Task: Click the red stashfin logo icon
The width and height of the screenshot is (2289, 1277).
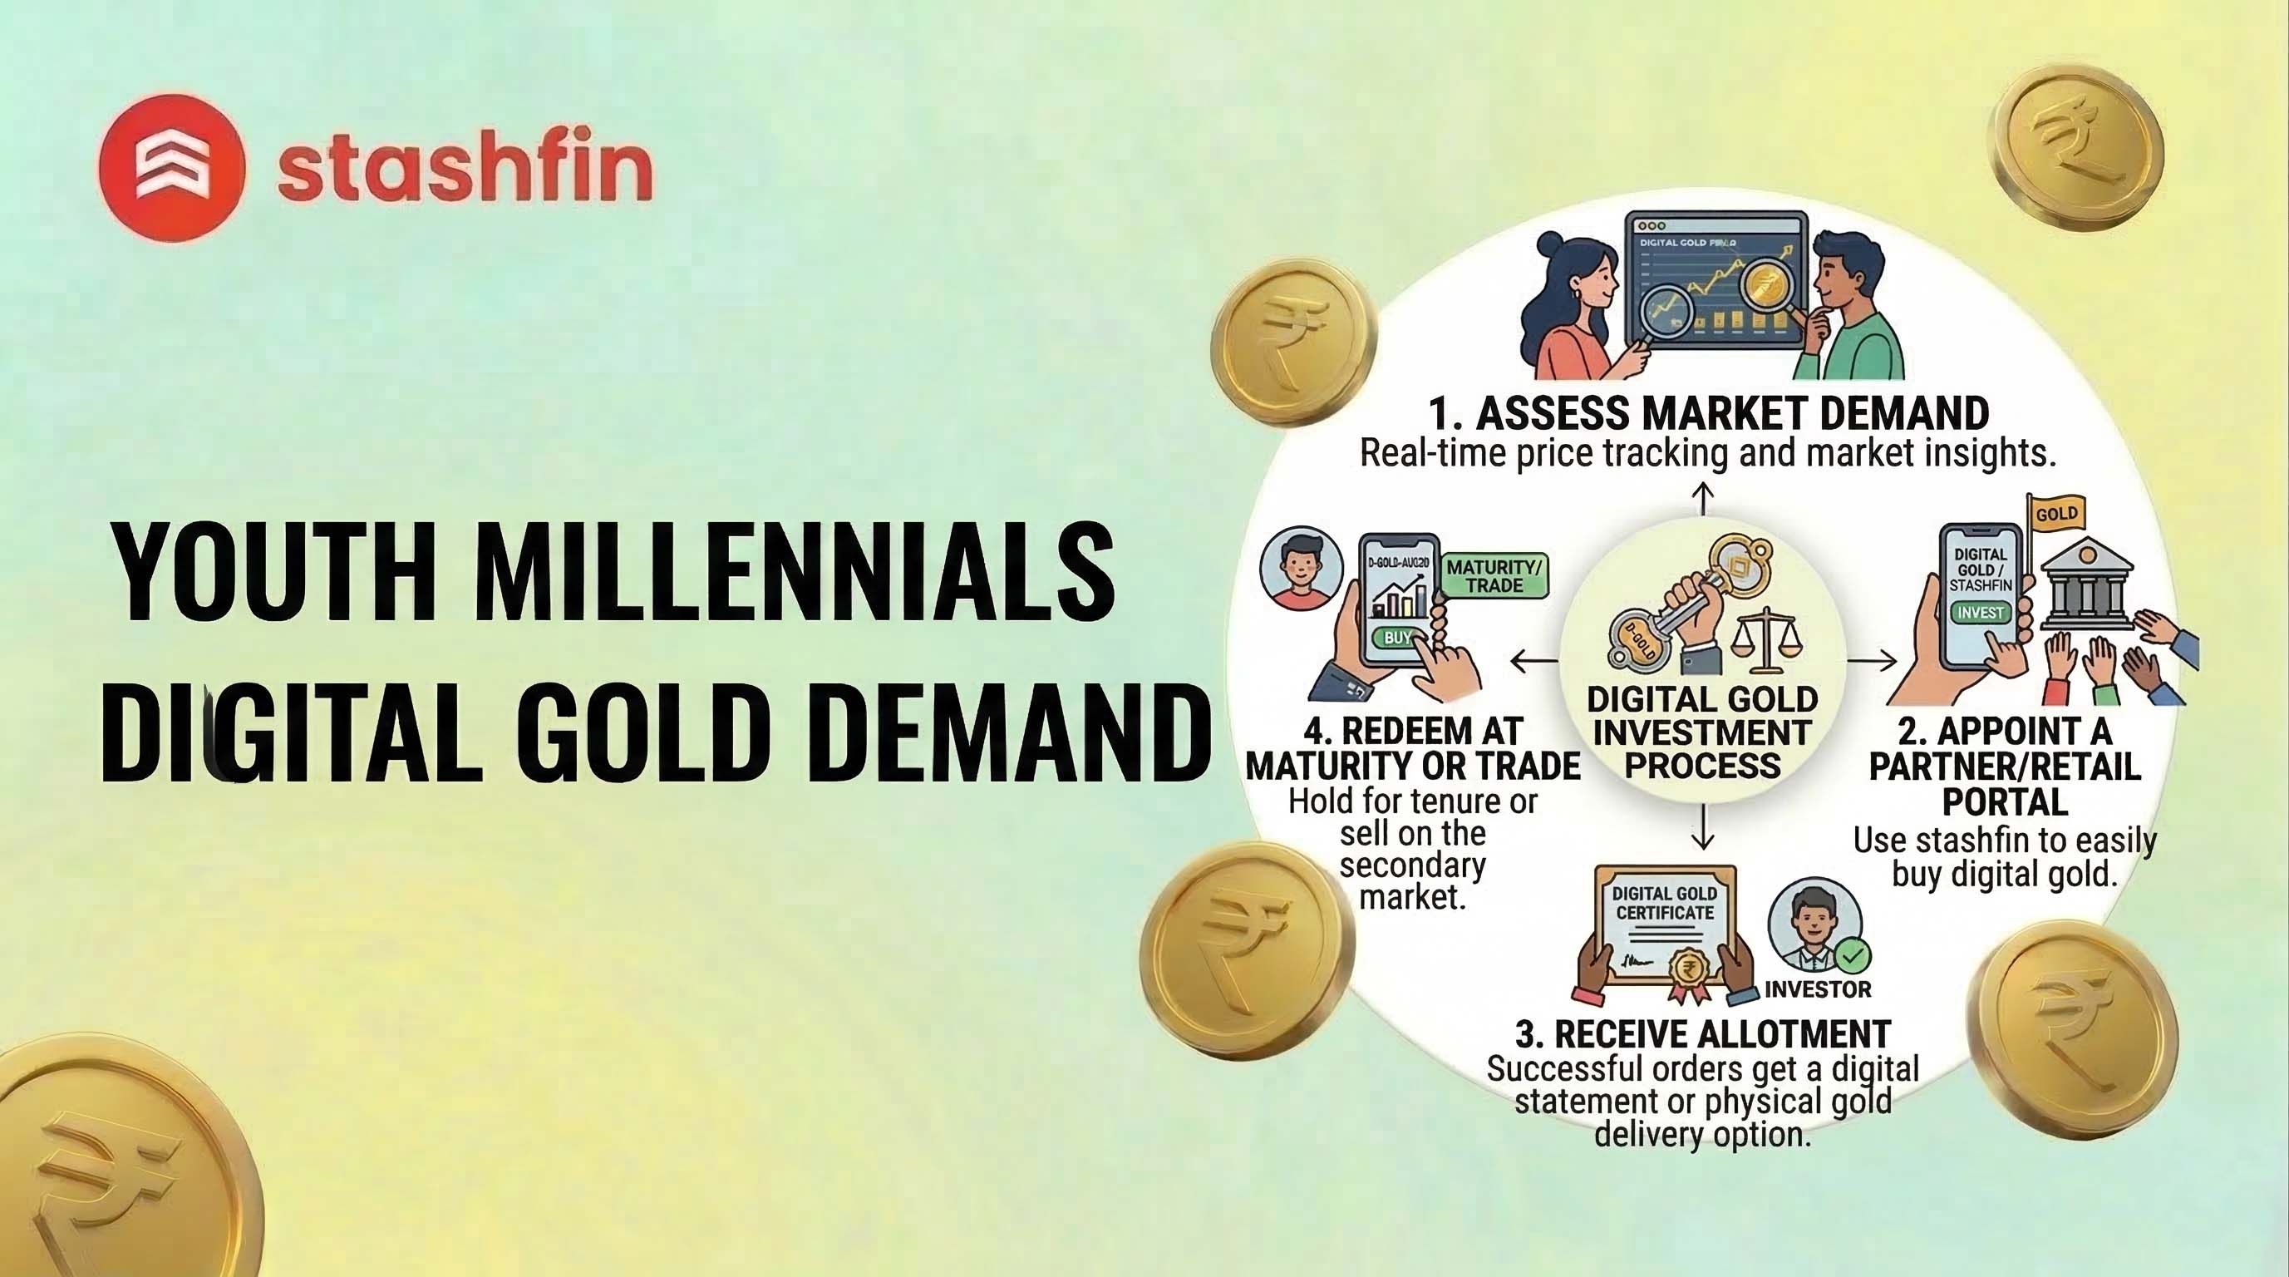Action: tap(171, 168)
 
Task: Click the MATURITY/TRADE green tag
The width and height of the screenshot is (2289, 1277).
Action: tap(1495, 576)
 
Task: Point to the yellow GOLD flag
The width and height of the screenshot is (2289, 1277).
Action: tap(2056, 515)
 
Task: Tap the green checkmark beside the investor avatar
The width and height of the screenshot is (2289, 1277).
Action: tap(1853, 957)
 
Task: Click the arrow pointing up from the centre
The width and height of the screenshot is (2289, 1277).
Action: tap(1701, 499)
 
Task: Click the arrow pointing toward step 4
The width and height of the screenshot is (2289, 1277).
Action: tap(1533, 659)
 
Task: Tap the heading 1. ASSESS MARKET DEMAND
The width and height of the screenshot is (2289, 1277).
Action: tap(1708, 413)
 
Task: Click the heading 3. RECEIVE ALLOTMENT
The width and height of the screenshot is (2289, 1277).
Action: tap(1702, 1034)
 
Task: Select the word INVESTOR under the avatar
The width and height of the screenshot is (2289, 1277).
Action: tap(1818, 989)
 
